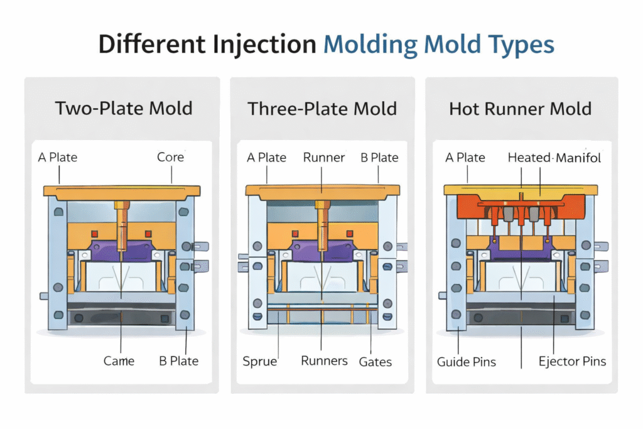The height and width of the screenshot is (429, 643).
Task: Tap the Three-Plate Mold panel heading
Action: click(322, 108)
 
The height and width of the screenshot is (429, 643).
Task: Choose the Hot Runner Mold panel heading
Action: click(521, 108)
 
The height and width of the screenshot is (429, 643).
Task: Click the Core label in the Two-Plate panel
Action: click(170, 156)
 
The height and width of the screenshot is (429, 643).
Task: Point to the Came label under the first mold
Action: click(119, 361)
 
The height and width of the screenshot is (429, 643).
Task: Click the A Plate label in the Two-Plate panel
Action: click(58, 156)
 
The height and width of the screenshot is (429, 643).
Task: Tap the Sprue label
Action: click(260, 361)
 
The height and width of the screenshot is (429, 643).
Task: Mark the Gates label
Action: click(376, 361)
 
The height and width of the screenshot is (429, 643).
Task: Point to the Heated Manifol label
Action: click(554, 157)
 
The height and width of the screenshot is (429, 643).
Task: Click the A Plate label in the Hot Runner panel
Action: click(465, 157)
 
